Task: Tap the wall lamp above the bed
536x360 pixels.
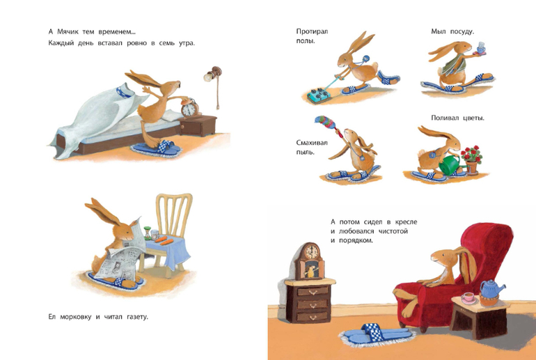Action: point(213,74)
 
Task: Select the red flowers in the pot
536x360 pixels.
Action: point(472,153)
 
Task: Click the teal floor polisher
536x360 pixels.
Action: point(318,95)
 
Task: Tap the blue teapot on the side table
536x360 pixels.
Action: point(491,289)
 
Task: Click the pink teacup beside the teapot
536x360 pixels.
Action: point(468,298)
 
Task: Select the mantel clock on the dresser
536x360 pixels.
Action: point(309,261)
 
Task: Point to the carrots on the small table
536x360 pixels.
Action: point(164,241)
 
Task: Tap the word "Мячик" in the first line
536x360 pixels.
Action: point(68,32)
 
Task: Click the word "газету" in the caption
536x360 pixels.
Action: point(137,317)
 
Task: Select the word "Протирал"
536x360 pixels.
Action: point(312,31)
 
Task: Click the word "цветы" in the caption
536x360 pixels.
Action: point(474,118)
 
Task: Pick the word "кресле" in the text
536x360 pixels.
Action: point(406,222)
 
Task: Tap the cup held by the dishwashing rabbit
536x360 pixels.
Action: point(481,48)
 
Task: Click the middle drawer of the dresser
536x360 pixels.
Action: point(313,304)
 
